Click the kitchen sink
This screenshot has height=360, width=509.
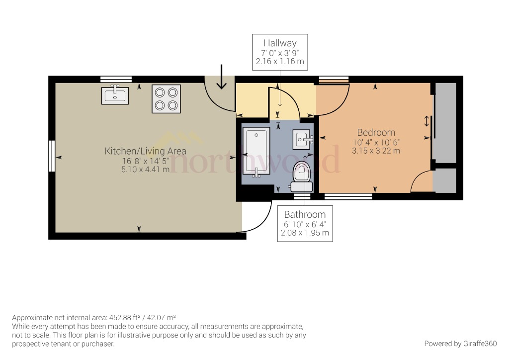click(x=115, y=95)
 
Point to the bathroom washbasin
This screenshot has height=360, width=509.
click(x=302, y=139)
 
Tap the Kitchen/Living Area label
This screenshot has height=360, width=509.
click(x=145, y=151)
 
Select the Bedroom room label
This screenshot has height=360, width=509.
click(x=376, y=133)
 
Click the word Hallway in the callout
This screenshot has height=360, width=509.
click(x=280, y=44)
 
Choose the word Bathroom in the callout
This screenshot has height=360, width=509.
click(x=305, y=215)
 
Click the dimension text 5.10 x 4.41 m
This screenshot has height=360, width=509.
click(x=145, y=169)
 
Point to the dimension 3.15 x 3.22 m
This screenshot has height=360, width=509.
click(x=376, y=150)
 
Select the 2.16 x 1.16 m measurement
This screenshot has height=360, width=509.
click(x=280, y=62)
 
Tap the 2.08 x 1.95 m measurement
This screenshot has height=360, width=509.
click(x=305, y=233)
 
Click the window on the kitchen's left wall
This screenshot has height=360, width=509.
click(x=51, y=156)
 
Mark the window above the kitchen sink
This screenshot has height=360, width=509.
click(x=115, y=79)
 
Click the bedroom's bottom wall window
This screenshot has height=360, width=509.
click(x=348, y=196)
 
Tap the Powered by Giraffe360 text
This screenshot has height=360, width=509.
click(x=460, y=344)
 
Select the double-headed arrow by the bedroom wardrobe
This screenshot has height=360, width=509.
click(x=426, y=121)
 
